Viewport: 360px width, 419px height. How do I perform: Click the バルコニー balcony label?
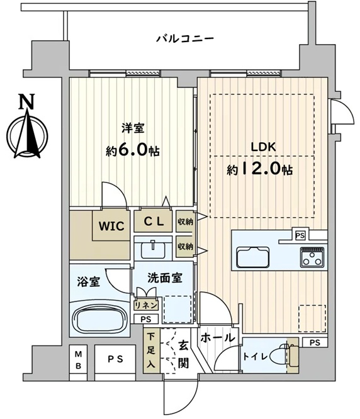coord(185,39)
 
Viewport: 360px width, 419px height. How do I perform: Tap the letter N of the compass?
coord(26,101)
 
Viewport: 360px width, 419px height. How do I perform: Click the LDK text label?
coord(263,147)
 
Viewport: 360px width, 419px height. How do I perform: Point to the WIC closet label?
coord(111,226)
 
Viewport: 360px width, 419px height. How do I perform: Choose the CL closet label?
coord(154,221)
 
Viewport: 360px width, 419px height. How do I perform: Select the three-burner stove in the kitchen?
coord(312,257)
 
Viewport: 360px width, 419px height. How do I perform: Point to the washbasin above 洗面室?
coord(153,249)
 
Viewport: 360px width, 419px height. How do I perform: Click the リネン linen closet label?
coord(146,306)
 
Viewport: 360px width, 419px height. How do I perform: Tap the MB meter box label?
coord(78,360)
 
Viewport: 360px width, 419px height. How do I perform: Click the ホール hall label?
coord(217,338)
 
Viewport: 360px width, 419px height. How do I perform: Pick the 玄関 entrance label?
coord(183,354)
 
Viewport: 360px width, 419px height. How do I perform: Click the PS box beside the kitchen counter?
coord(300,235)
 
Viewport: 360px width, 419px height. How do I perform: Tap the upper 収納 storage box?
coord(186,221)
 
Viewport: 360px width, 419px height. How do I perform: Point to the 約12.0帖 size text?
coord(259,169)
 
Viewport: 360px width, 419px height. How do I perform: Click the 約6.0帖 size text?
coord(133,150)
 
